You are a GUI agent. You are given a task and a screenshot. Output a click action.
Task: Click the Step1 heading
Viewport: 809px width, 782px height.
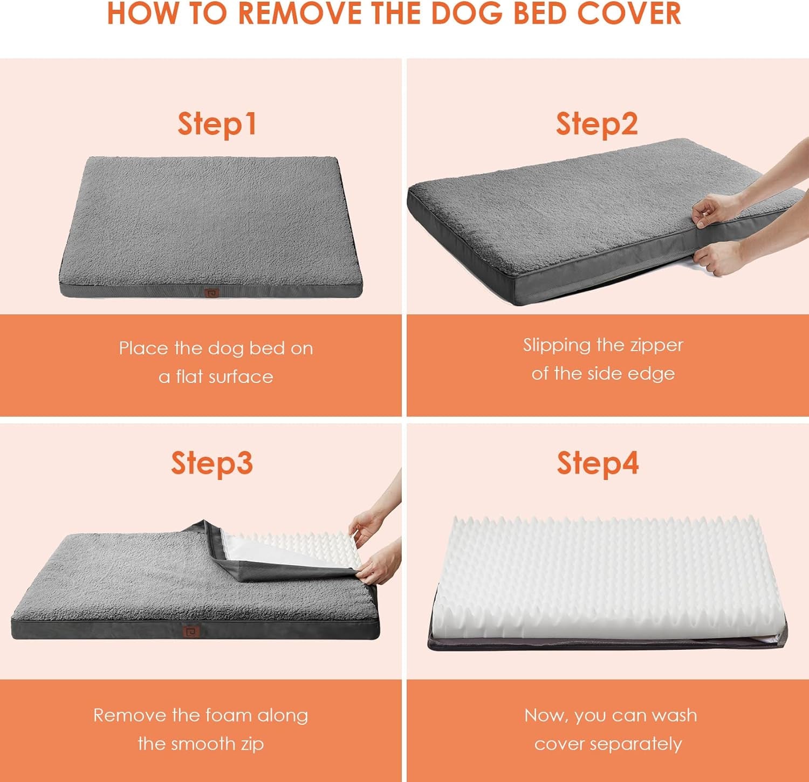[x=217, y=125]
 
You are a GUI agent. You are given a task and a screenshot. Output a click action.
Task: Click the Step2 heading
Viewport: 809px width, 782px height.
[x=597, y=125]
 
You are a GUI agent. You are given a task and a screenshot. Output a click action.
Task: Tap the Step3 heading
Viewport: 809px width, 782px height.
[x=212, y=464]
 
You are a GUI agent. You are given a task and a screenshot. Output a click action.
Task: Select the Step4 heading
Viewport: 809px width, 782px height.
[x=598, y=464]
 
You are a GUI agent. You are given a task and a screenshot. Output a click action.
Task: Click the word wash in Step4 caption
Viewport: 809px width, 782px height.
[x=674, y=715]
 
